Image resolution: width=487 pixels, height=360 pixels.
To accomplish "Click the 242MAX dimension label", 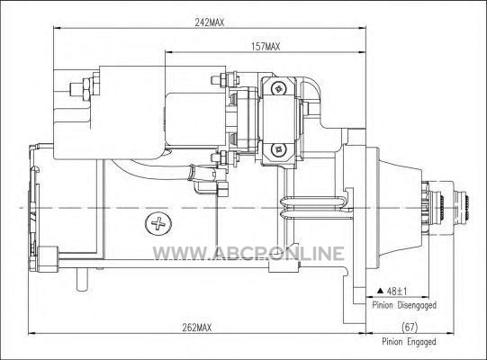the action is [x=210, y=22].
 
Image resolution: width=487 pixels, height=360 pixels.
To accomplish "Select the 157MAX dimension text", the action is [x=266, y=47].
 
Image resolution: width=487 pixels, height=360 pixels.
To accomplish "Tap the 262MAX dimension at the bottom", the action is [x=197, y=328].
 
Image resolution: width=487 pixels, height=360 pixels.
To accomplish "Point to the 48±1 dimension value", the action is [x=397, y=292].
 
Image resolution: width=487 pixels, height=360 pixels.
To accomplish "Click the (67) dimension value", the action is [x=410, y=327].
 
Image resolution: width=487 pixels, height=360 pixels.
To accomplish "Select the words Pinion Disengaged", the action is [x=404, y=305].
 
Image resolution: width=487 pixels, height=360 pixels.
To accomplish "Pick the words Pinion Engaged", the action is [x=409, y=342].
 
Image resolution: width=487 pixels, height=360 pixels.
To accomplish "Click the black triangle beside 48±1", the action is [x=380, y=291].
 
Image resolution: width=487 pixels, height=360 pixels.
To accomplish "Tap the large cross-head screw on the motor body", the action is [x=158, y=223].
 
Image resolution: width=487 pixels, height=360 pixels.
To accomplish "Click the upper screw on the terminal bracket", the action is [x=278, y=88].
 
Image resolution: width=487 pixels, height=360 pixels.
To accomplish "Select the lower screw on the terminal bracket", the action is [x=278, y=150].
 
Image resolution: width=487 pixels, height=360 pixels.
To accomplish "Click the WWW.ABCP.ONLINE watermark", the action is [x=248, y=254].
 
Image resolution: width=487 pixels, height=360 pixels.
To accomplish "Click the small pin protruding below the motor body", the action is [x=82, y=280].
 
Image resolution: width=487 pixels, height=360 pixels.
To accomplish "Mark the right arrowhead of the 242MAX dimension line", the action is [x=363, y=28].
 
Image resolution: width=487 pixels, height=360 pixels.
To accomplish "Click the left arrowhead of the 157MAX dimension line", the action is [x=169, y=52].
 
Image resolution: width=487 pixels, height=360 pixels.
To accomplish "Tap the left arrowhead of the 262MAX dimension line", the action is [x=32, y=334].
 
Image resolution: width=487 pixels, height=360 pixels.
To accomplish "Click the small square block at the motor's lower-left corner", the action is [x=48, y=259].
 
